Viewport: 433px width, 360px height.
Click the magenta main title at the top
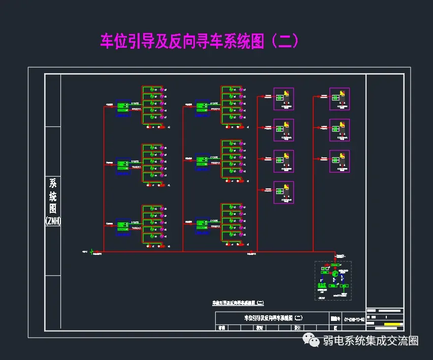(199, 41)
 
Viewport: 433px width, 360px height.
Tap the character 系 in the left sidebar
(53, 183)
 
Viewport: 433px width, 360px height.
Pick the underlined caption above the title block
(238, 303)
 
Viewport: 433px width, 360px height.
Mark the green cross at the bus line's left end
(92, 251)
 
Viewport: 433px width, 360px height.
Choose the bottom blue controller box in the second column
(203, 224)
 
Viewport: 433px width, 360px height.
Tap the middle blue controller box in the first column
(123, 166)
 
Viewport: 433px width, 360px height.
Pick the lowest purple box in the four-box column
(284, 192)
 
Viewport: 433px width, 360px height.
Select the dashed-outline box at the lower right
(333, 280)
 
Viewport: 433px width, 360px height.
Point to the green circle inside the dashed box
(335, 274)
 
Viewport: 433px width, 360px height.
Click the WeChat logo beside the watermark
(310, 340)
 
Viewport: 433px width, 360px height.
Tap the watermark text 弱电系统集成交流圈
(371, 341)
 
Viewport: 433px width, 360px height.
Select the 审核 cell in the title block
(222, 328)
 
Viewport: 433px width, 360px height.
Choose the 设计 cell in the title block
(297, 328)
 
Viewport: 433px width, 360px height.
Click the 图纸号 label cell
(334, 318)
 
